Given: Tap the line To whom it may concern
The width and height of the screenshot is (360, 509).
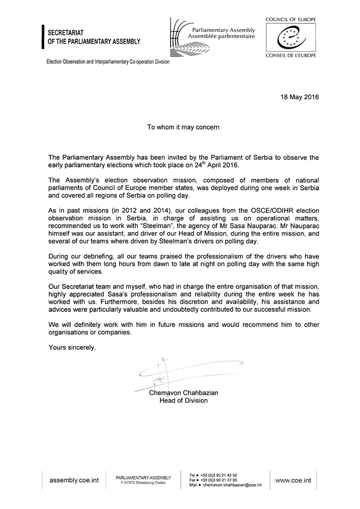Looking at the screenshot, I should [180, 127].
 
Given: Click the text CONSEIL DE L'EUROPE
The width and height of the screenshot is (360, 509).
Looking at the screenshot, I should [291, 55].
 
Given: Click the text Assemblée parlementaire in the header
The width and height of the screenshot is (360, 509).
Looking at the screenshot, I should [221, 37].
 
